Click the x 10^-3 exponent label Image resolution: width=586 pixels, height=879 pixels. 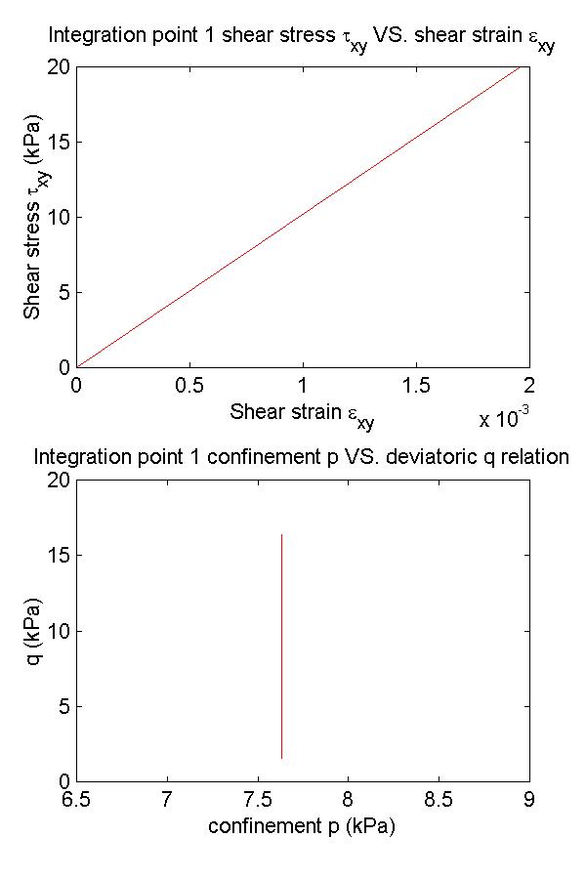(503, 418)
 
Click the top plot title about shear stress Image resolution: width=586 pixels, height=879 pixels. (301, 40)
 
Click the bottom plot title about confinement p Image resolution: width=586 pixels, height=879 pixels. (301, 456)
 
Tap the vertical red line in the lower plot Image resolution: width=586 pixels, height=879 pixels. (281, 645)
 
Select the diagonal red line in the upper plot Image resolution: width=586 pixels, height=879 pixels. (303, 216)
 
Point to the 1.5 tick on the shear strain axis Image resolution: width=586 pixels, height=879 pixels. (416, 385)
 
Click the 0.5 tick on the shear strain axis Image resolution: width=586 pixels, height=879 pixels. (189, 385)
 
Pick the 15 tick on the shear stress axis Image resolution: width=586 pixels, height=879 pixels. (58, 142)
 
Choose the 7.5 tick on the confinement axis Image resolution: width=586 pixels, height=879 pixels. (258, 799)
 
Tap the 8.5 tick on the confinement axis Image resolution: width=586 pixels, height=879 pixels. (439, 799)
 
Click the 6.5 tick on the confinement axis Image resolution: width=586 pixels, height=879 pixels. (76, 799)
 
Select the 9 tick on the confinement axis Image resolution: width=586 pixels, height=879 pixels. (529, 799)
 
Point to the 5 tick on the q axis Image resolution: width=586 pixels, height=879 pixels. (63, 706)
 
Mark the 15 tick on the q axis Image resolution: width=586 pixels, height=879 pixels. (58, 556)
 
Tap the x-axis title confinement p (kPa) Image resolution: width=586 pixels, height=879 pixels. (302, 825)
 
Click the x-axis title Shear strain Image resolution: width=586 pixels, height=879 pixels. (302, 414)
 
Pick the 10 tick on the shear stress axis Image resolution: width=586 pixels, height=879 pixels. (58, 217)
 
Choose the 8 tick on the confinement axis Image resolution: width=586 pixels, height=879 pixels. (349, 799)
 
